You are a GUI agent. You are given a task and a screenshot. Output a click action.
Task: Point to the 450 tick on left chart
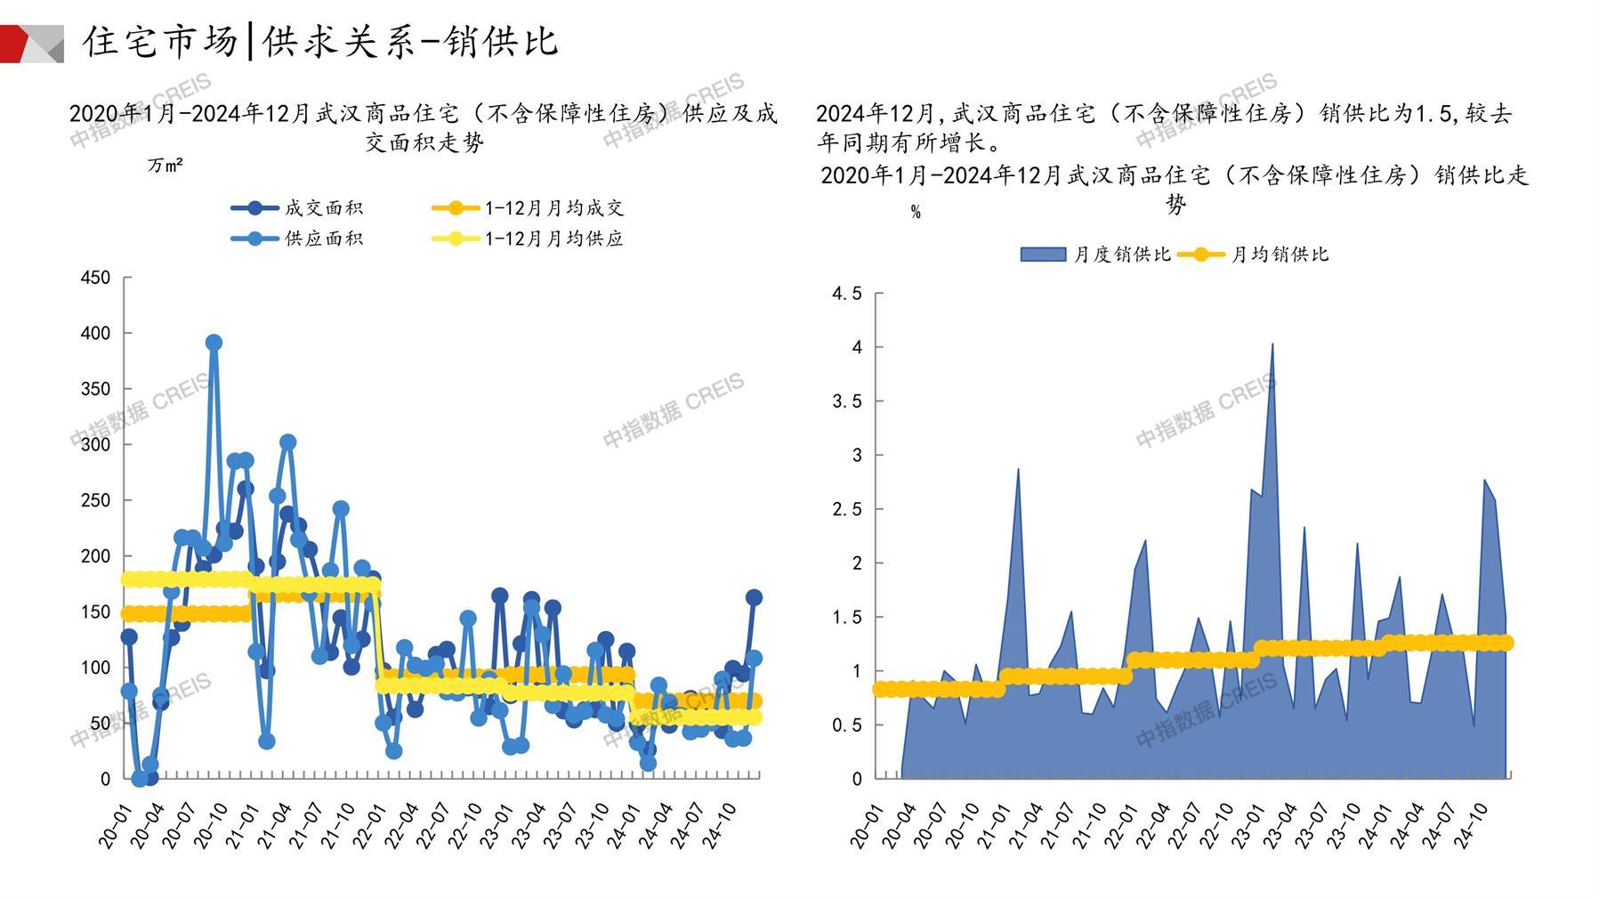coord(95,278)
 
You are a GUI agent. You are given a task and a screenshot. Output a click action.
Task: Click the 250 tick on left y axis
coord(95,500)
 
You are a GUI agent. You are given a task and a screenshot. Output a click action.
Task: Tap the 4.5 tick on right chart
coord(846,294)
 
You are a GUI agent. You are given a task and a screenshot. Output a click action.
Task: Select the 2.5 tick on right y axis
coord(846,509)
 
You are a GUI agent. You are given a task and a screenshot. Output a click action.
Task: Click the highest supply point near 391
coord(214,343)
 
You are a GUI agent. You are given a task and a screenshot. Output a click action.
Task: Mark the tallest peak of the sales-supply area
coord(1272,344)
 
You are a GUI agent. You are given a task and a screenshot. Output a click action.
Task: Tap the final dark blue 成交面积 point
coord(754,597)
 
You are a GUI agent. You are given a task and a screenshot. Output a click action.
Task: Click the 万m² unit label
coord(165,166)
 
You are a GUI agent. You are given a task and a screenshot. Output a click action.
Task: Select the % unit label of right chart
coord(916,213)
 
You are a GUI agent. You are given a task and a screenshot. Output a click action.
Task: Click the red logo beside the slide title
coord(31,44)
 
